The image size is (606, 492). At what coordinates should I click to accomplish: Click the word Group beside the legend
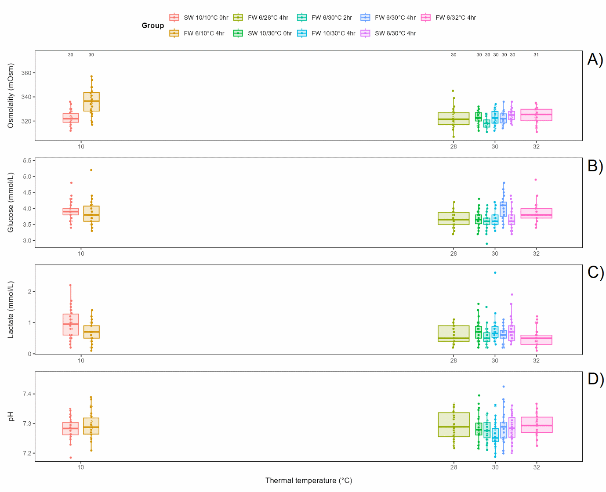click(152, 25)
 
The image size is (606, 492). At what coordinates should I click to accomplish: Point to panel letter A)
click(595, 59)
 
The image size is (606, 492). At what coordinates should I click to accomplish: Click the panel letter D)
click(595, 379)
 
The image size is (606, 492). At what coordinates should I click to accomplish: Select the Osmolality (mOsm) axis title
click(11, 96)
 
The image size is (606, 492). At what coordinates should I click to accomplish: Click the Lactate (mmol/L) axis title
click(11, 309)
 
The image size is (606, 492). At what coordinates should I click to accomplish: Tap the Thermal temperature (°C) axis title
click(308, 481)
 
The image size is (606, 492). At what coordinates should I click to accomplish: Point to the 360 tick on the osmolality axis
click(26, 73)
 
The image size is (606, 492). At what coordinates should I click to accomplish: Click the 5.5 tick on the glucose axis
click(27, 161)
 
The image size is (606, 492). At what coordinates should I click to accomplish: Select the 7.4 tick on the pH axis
click(27, 394)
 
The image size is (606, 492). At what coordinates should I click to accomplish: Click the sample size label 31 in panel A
click(536, 55)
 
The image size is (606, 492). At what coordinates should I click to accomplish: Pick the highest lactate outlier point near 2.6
click(495, 273)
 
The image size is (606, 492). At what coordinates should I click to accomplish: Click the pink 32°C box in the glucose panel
click(536, 213)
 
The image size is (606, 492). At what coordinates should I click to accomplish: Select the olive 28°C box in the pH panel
click(454, 424)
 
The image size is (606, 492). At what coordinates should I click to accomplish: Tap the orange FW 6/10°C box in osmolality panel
click(91, 101)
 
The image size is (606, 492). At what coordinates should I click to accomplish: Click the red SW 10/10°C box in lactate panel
click(71, 324)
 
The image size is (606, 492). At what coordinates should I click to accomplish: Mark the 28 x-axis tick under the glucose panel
click(454, 253)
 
